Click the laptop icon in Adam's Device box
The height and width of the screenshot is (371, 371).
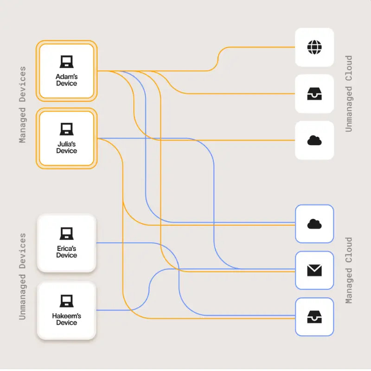click(66, 62)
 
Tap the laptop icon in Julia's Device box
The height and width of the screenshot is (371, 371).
click(66, 129)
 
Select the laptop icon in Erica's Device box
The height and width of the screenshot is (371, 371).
click(66, 234)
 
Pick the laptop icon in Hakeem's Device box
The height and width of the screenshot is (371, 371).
click(66, 301)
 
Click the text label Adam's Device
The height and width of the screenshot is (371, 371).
click(66, 80)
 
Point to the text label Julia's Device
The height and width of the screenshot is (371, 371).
click(66, 147)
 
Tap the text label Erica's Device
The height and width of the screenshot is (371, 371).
click(66, 252)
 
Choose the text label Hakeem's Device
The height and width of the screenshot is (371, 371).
click(66, 319)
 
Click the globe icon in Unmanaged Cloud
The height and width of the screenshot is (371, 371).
click(314, 47)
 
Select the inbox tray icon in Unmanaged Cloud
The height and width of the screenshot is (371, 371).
click(314, 94)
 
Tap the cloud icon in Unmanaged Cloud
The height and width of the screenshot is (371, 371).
click(314, 140)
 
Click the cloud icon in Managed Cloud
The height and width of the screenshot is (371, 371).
click(314, 224)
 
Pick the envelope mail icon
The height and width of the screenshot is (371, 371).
click(314, 270)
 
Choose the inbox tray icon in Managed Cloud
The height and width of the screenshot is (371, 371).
click(314, 317)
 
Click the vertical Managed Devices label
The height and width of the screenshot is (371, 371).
click(23, 105)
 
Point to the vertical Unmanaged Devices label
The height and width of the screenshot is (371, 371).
click(23, 277)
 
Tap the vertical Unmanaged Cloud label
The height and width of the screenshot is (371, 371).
click(349, 94)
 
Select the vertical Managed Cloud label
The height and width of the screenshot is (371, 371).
click(349, 271)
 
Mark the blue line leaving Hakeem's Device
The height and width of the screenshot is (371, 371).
click(121, 310)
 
